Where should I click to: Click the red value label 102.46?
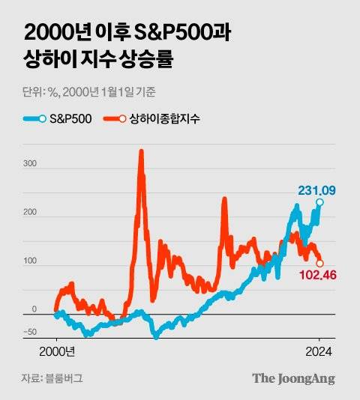tap(319, 276)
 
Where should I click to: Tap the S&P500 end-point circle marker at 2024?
tap(320, 203)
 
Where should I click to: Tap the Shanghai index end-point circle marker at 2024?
tap(320, 263)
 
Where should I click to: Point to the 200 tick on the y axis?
tap(29, 212)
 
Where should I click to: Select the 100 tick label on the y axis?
tap(29, 261)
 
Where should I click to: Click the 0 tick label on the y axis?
tap(33, 309)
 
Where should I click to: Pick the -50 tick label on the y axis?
tap(29, 332)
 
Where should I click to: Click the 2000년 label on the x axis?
tap(57, 351)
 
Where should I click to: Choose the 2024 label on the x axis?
tap(319, 351)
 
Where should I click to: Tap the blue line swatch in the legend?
tap(37, 118)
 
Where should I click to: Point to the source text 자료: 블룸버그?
tap(52, 378)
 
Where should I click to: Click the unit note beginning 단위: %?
tap(89, 92)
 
